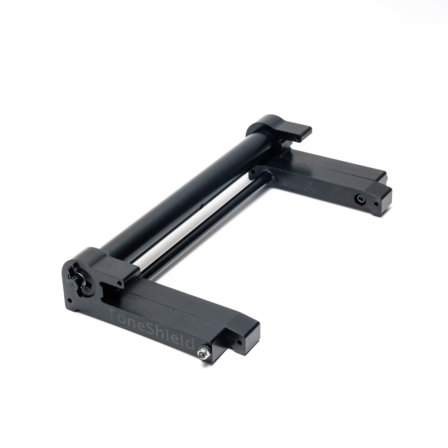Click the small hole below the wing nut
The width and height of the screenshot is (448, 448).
click(x=69, y=301)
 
